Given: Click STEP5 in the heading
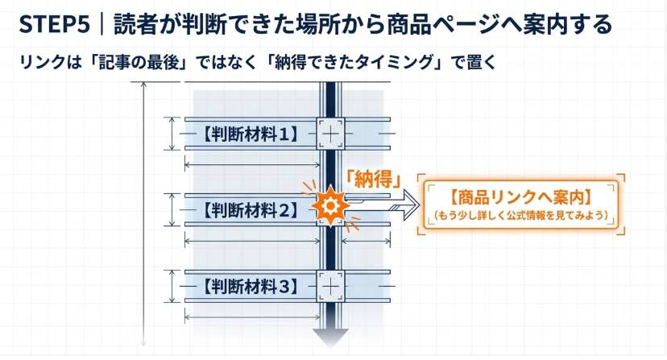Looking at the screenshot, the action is click(55, 24).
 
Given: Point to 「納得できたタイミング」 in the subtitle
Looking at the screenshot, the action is click(357, 62).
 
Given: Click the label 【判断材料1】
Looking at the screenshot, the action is click(251, 134).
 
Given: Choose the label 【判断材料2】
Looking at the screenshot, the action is click(251, 209).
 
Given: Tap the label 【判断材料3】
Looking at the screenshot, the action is click(251, 287).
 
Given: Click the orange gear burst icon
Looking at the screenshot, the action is click(330, 206).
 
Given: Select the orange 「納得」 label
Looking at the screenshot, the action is click(373, 179).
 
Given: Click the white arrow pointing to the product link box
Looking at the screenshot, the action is click(382, 205).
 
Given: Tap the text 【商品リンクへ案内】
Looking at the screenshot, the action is click(520, 197).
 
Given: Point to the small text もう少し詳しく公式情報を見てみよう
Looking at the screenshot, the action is click(520, 215).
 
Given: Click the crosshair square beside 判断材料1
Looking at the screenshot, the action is click(330, 134).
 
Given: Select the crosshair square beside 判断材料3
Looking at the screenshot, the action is click(330, 287).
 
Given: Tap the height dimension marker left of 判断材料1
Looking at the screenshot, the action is click(172, 134).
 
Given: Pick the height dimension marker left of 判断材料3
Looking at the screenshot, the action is click(172, 287).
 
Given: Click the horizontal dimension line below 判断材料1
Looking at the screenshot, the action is click(252, 164).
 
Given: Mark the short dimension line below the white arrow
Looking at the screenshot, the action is click(366, 242).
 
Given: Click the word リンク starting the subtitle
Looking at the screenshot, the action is click(42, 63).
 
